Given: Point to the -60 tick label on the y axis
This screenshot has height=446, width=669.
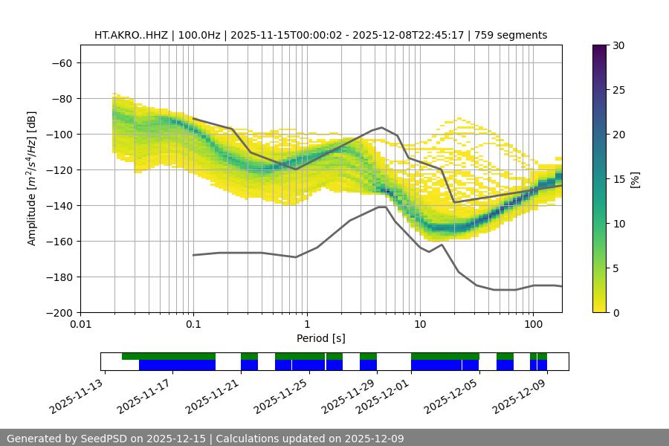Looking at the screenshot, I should coord(62,62).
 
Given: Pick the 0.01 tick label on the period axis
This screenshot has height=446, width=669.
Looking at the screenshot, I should coord(80,324).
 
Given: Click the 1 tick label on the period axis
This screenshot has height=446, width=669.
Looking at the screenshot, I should coord(307,324).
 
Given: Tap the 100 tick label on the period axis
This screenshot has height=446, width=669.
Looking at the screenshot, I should coord(533,324).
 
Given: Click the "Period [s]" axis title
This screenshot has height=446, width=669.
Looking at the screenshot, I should coord(320,338).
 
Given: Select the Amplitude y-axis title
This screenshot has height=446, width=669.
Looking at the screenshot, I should coord(32,178).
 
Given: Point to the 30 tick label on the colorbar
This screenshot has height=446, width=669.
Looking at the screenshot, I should coord(618,45).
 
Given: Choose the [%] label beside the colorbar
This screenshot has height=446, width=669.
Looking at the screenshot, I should coord(634,179).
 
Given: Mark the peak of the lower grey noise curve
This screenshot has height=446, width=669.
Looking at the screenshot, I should coord(381,207).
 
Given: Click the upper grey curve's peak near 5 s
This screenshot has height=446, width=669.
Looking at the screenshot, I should coord(382,127).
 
